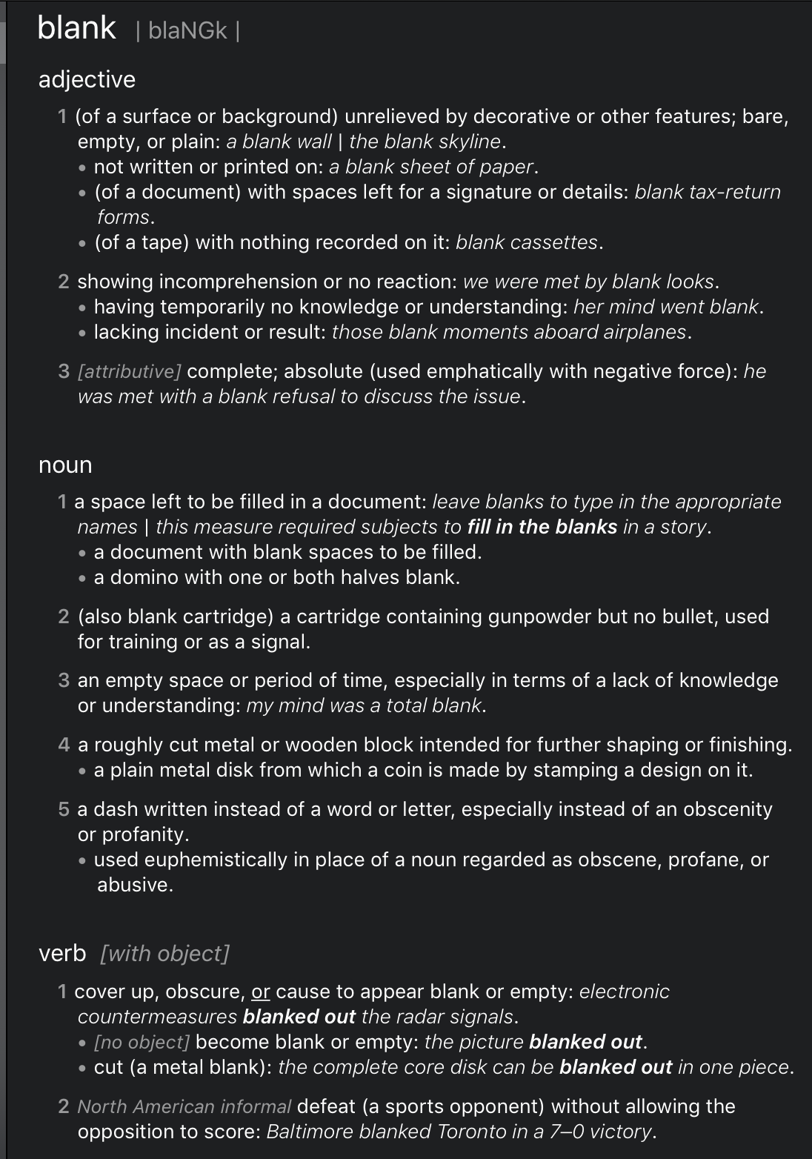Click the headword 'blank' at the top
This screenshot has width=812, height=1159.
(x=76, y=28)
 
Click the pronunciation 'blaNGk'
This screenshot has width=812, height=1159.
(x=187, y=31)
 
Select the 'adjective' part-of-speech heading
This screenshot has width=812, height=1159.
(x=87, y=79)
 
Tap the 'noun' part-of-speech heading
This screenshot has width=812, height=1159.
(x=65, y=465)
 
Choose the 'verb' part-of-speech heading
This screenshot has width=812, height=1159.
(x=62, y=953)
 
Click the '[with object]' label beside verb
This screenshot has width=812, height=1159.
(x=164, y=953)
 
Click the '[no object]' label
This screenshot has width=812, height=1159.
(x=142, y=1042)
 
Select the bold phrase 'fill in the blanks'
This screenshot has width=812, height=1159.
(x=542, y=527)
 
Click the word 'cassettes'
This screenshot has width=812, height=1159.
(x=561, y=242)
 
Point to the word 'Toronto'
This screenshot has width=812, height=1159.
(x=473, y=1132)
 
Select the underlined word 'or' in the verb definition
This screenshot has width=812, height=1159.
(x=261, y=992)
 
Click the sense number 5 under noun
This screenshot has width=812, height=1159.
(x=64, y=809)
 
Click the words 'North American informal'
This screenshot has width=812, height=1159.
(x=184, y=1106)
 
